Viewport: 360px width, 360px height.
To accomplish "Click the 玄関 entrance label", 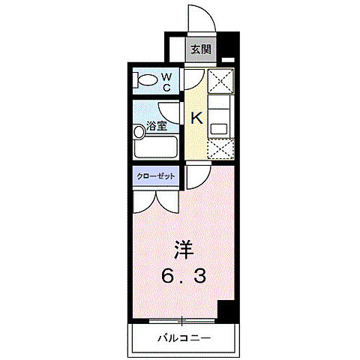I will [x=200, y=50].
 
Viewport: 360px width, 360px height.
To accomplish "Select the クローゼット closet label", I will [x=156, y=175].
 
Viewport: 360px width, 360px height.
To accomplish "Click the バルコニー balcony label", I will [x=183, y=338].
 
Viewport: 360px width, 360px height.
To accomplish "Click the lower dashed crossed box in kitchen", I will [x=219, y=148].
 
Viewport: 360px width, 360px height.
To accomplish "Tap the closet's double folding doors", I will [x=156, y=198].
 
